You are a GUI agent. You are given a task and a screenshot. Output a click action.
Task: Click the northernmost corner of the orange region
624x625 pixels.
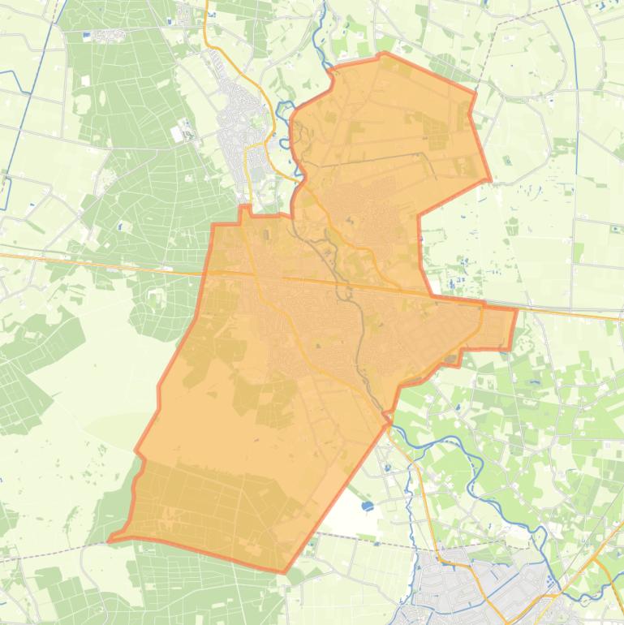pos(384,54)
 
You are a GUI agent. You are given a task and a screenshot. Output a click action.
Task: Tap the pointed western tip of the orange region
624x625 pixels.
pos(110,540)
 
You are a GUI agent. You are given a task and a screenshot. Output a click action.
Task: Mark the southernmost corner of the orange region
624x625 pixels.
pos(284,572)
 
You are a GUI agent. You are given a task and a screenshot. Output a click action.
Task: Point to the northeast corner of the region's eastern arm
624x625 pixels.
pos(516,308)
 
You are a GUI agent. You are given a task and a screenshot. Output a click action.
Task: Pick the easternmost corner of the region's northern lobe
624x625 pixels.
pos(490,179)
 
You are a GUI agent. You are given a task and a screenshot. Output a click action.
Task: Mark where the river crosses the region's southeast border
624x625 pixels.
pos(387,419)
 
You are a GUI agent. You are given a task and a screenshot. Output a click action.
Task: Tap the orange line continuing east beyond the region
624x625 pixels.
pos(568,313)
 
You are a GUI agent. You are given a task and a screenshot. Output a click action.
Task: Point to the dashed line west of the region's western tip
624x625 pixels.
pos(49,554)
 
